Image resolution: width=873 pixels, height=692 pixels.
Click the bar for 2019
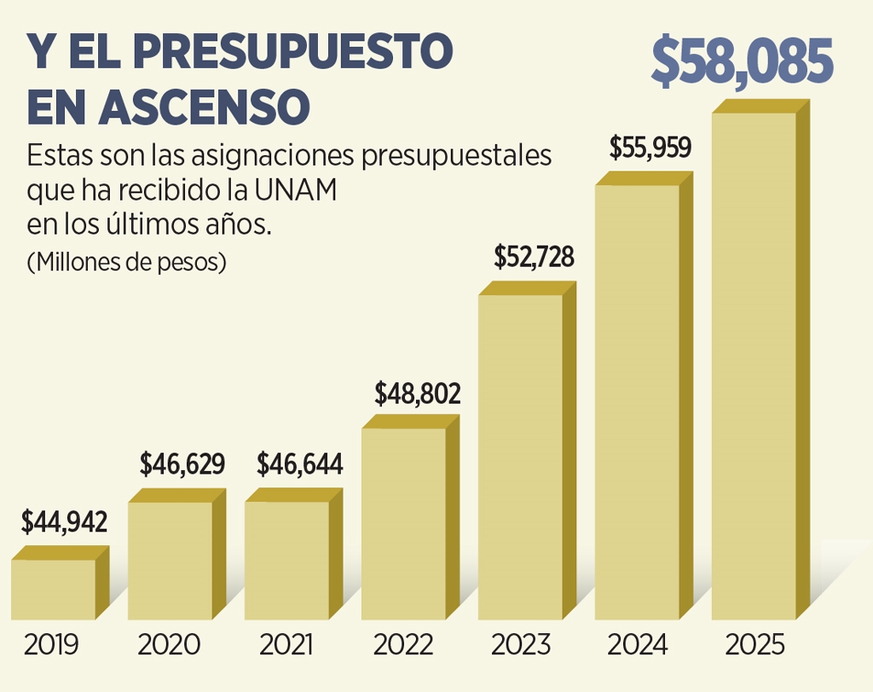coord(54,589)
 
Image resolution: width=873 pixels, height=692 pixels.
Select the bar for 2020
coord(171,560)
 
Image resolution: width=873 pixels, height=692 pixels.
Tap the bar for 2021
coord(287,560)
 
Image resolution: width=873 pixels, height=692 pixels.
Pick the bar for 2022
coord(404,523)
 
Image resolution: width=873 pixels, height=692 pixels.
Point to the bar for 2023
coord(521,456)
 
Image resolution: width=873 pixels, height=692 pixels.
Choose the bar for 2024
coord(638,401)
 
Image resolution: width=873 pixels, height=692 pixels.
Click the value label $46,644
coord(301,465)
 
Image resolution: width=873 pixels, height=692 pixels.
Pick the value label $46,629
coord(182,465)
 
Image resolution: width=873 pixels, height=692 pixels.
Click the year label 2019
coord(51,644)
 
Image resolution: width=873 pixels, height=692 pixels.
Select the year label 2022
coord(402,644)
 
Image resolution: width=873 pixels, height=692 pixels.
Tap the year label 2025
coord(754,644)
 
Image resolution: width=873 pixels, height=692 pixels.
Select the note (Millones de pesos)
coord(127,262)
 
